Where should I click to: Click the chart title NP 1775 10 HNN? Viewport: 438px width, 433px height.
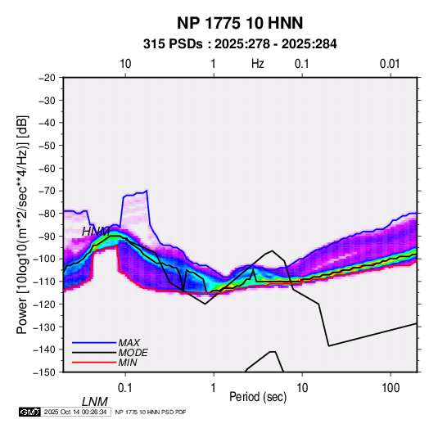point(240,23)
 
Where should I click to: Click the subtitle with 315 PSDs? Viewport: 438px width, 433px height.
point(240,44)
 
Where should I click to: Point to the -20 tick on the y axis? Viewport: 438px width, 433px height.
point(47,78)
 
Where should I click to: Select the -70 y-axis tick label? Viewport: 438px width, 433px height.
point(47,191)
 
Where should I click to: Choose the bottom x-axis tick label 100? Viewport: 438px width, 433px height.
point(391,388)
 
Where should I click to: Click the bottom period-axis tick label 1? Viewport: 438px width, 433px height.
point(214,388)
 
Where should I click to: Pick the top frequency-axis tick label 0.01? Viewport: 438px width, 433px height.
point(390,64)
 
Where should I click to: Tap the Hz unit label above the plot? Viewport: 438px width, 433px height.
point(258,64)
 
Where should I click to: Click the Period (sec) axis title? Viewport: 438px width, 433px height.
point(258,397)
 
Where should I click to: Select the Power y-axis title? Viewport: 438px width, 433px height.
point(22,224)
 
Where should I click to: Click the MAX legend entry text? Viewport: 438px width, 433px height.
point(129,342)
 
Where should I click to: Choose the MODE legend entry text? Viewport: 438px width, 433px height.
point(133,353)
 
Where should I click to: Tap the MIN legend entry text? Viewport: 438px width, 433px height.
point(128,363)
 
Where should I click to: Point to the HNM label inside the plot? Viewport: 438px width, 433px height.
point(96,232)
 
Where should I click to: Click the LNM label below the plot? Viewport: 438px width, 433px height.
point(94,402)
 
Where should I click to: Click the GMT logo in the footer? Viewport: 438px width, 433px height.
point(29,412)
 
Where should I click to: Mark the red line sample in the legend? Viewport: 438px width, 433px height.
point(94,363)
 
